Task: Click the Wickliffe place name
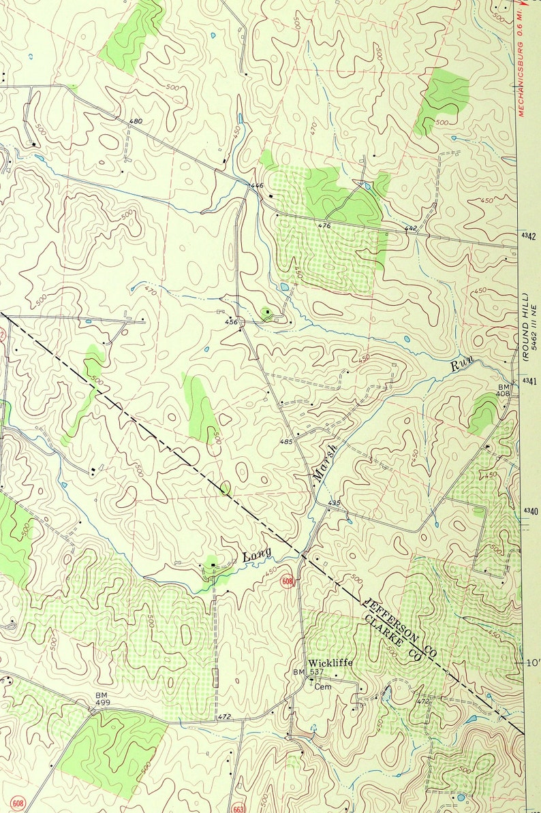(330, 663)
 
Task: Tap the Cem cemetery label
(322, 687)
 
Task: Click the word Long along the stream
(257, 554)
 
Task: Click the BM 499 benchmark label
(102, 699)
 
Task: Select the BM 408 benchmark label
(503, 389)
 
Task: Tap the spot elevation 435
(334, 503)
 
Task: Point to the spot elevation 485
(286, 443)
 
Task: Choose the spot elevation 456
(232, 322)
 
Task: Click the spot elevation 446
(256, 185)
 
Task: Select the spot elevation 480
(136, 121)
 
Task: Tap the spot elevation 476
(324, 225)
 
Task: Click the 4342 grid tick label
(529, 236)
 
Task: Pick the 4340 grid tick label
(529, 511)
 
